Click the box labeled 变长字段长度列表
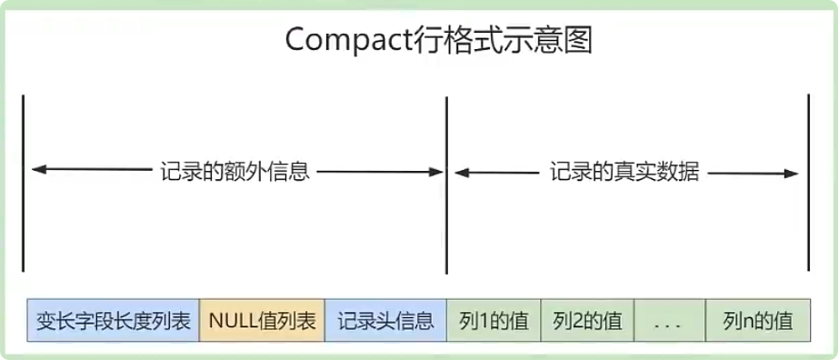[114, 321]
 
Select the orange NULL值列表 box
[262, 321]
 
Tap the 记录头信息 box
[385, 321]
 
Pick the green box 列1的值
[493, 321]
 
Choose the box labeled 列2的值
[587, 321]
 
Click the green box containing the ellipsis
[670, 321]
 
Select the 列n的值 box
[757, 321]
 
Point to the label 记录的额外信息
[234, 171]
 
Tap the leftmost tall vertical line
[23, 181]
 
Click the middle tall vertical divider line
[446, 181]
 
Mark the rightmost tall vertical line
[807, 181]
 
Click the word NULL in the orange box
[231, 321]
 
